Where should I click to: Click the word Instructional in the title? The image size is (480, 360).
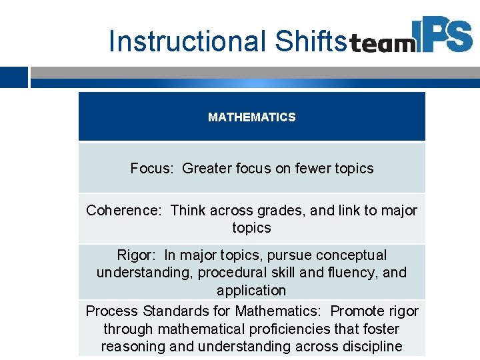click(x=188, y=41)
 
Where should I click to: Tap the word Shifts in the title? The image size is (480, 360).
click(x=311, y=41)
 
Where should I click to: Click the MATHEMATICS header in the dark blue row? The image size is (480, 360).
click(x=251, y=117)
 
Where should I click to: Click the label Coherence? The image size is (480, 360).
click(x=124, y=211)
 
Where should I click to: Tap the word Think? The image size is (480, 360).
click(x=189, y=211)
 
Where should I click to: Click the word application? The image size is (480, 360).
click(x=251, y=291)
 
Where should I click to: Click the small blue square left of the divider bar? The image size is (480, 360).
click(x=13, y=77)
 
